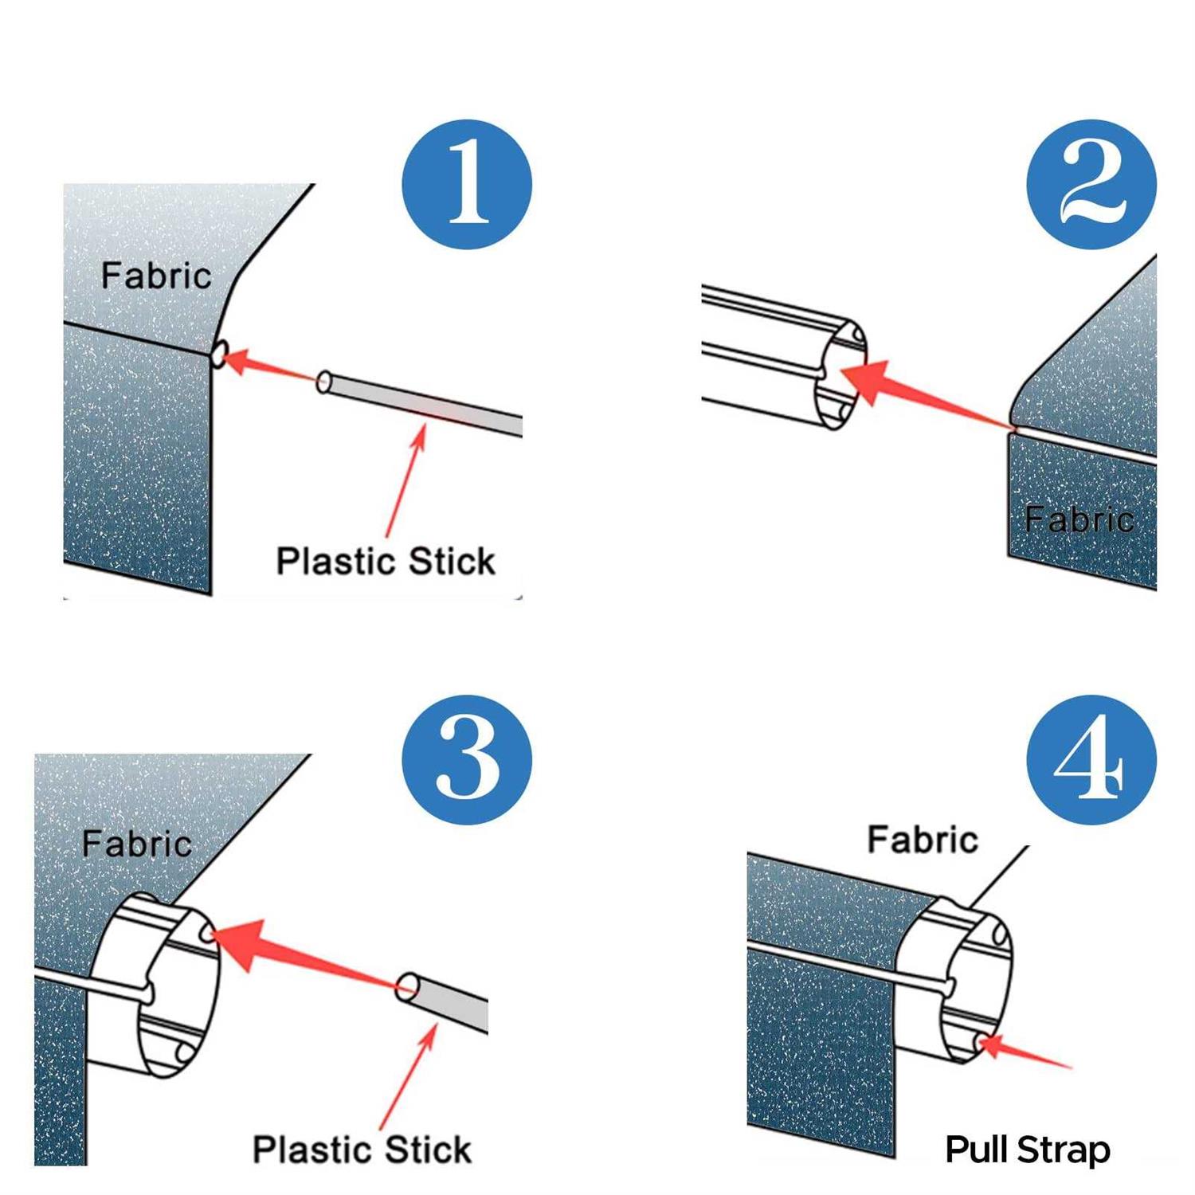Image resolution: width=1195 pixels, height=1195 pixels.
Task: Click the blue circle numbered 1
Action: [x=467, y=185]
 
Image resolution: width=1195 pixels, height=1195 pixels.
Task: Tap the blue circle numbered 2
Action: [x=1091, y=185]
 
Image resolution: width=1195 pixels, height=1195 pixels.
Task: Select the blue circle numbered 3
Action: [x=467, y=759]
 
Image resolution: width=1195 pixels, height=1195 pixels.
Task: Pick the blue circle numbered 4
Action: [x=1091, y=759]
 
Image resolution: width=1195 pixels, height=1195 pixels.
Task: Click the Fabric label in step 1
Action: [x=156, y=276]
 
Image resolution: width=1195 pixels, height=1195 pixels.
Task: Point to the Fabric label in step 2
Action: [x=1079, y=519]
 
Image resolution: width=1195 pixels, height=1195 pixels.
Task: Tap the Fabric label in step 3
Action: [x=137, y=844]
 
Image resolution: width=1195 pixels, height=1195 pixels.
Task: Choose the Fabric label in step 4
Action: [x=923, y=840]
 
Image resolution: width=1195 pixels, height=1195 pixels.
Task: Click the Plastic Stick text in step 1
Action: [x=386, y=561]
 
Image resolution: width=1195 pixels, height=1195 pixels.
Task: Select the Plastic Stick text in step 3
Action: [x=362, y=1150]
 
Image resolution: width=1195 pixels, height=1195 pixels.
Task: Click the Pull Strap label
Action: [x=1028, y=1150]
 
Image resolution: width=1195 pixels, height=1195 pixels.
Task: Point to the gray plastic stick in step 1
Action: [x=422, y=405]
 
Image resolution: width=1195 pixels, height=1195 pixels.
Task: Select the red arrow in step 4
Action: [x=1024, y=1052]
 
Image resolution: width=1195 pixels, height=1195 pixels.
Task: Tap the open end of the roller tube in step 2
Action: [x=840, y=374]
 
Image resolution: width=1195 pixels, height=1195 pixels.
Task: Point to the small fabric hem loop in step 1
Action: [x=220, y=352]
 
